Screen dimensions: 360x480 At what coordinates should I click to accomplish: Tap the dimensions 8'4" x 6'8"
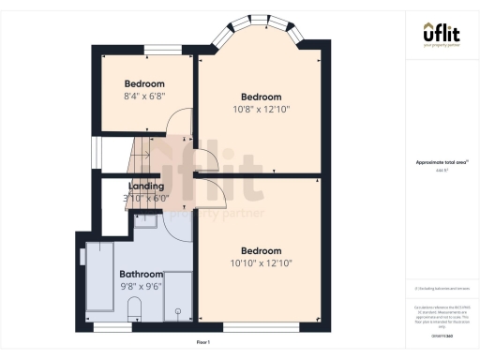coord(144,95)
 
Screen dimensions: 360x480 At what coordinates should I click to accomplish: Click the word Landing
coord(146,186)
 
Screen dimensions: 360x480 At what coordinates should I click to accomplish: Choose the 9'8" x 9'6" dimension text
coord(142,285)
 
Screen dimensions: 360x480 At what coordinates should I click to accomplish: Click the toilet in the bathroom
coord(132,309)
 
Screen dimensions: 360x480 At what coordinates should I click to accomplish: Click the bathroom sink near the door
coord(145,221)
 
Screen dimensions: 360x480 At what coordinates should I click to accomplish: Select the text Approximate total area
coord(441,162)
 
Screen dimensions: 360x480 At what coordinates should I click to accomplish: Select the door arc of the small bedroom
coord(178,137)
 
